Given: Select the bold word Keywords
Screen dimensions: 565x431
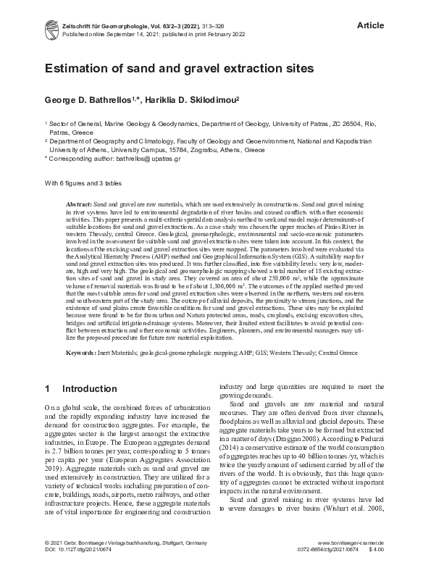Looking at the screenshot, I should click(82, 352).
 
